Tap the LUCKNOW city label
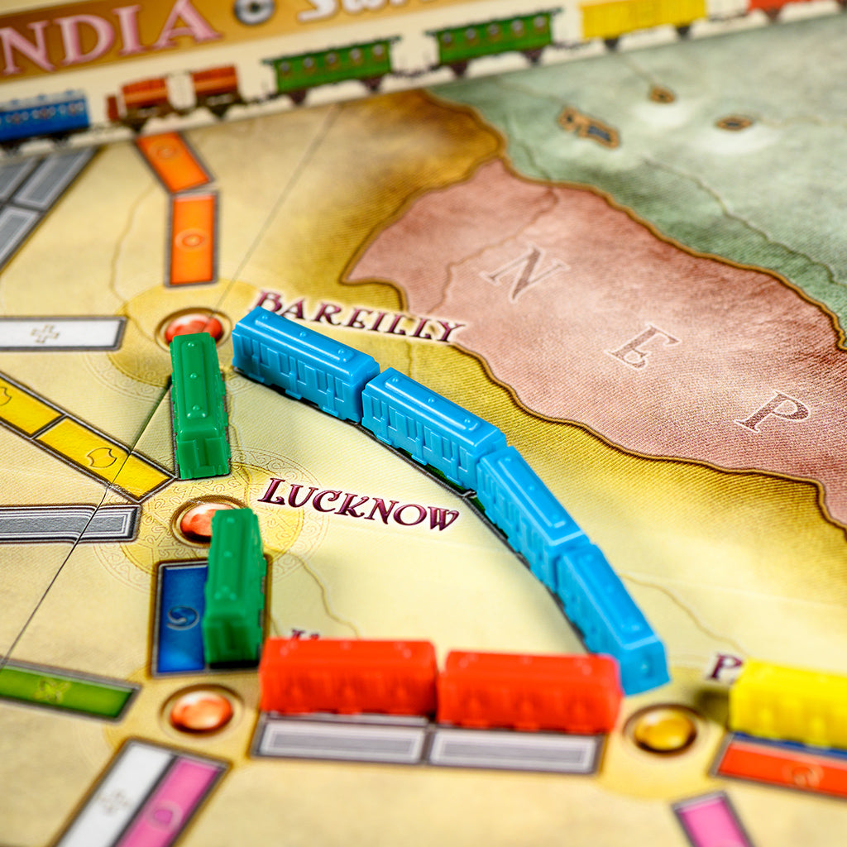pos(357,505)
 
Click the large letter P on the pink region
pos(772,410)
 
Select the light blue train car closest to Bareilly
pos(304,362)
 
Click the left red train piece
pos(348,675)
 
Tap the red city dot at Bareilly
pos(194,326)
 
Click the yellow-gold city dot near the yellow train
pos(664,730)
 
